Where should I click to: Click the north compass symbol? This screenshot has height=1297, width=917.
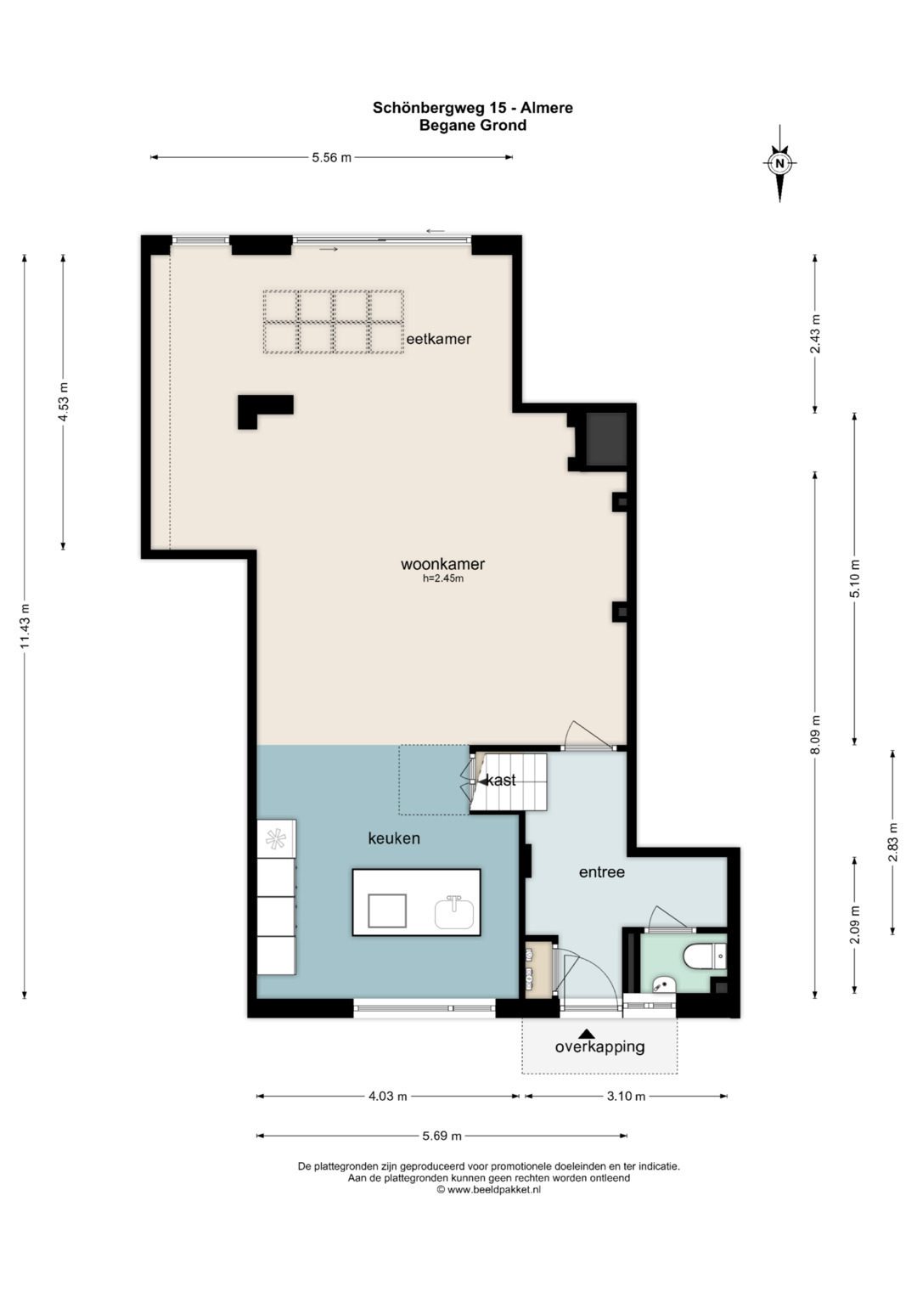[x=779, y=163]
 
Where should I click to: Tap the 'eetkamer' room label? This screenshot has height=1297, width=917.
[x=438, y=339]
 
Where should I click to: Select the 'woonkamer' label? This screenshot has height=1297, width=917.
[x=443, y=564]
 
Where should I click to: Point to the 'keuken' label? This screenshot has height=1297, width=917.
[x=394, y=838]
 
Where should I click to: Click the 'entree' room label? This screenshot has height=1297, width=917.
[x=602, y=872]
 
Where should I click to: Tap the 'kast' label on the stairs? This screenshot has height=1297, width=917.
[x=501, y=780]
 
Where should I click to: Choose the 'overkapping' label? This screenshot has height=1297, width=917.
[x=599, y=1047]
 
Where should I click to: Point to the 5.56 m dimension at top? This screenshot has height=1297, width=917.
[x=332, y=157]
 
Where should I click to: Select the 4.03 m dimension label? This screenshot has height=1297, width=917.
[x=388, y=1096]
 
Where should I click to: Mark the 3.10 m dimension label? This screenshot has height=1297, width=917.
[x=626, y=1096]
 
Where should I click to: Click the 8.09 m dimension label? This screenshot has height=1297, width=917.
[x=816, y=736]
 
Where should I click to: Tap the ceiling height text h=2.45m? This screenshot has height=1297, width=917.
[x=443, y=578]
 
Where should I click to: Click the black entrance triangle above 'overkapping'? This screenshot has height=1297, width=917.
[x=587, y=1033]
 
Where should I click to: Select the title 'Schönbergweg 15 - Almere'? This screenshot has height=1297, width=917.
[x=473, y=108]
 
